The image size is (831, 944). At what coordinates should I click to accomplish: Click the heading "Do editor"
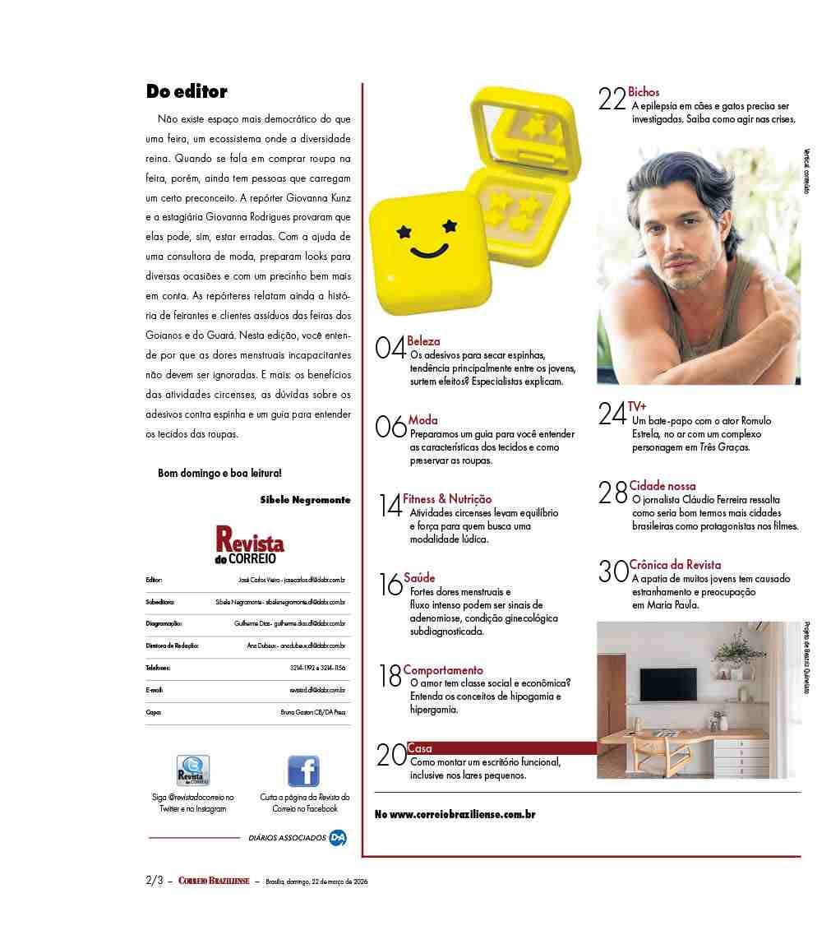pyautogui.click(x=187, y=91)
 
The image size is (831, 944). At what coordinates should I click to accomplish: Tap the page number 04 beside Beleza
pyautogui.click(x=390, y=348)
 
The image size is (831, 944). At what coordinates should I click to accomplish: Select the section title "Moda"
pyautogui.click(x=423, y=420)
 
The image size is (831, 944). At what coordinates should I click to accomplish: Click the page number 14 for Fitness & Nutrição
pyautogui.click(x=390, y=504)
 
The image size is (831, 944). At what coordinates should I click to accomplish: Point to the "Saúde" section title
pyautogui.click(x=419, y=577)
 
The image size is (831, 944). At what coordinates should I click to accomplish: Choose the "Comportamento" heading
pyautogui.click(x=443, y=670)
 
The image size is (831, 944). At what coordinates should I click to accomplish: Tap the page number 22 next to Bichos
pyautogui.click(x=612, y=99)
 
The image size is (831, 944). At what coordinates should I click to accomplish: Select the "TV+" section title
pyautogui.click(x=637, y=406)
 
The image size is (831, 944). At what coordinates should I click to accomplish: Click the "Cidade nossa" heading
pyautogui.click(x=662, y=486)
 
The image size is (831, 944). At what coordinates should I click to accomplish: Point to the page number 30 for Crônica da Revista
pyautogui.click(x=613, y=571)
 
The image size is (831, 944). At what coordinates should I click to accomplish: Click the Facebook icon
pyautogui.click(x=303, y=771)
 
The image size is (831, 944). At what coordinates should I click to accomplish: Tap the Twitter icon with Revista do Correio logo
pyautogui.click(x=193, y=771)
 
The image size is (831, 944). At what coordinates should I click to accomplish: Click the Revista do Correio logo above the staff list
pyautogui.click(x=250, y=545)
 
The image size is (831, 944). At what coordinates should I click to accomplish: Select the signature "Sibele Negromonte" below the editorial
pyautogui.click(x=305, y=499)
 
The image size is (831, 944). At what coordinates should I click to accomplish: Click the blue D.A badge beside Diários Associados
pyautogui.click(x=337, y=837)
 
